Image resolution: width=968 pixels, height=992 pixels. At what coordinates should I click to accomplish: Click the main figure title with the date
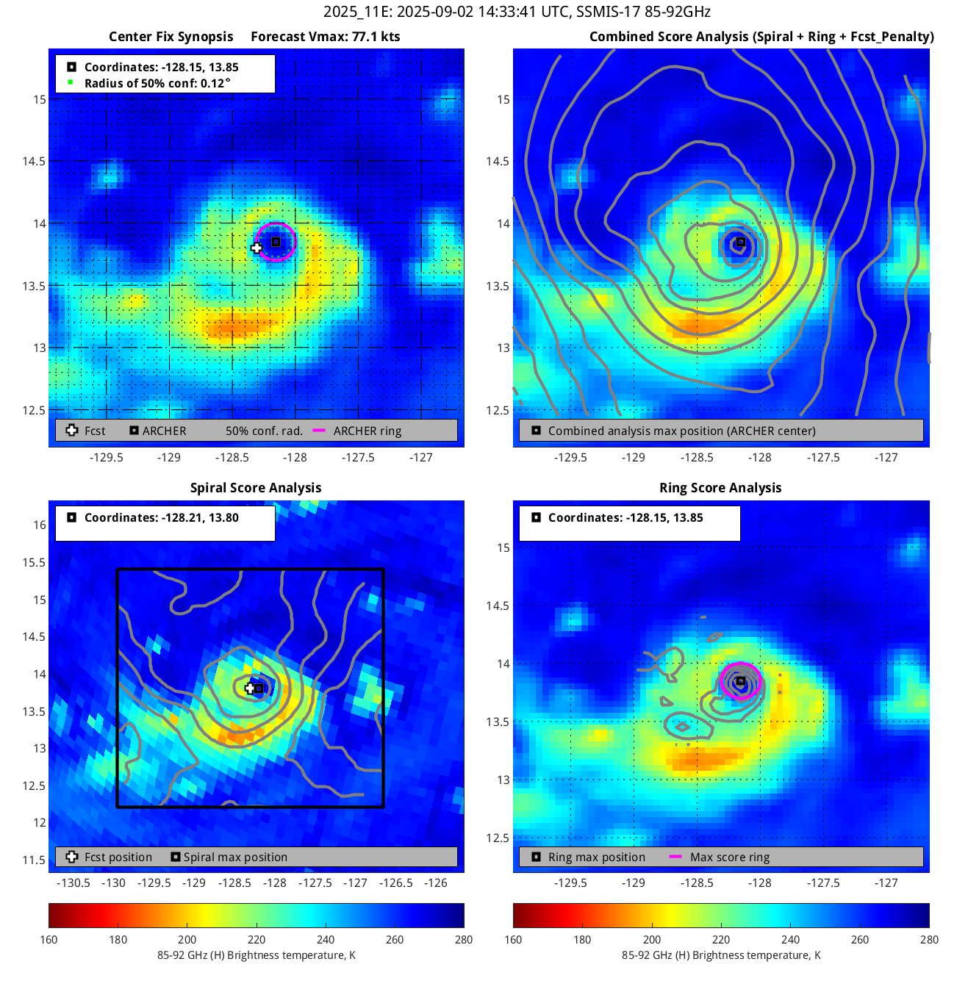click(x=517, y=12)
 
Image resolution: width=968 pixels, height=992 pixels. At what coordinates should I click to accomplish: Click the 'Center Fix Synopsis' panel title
click(x=171, y=37)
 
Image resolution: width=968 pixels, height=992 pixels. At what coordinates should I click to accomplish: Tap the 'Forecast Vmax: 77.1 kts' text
click(x=325, y=37)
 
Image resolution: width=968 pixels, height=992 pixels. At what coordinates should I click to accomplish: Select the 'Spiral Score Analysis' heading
click(x=256, y=488)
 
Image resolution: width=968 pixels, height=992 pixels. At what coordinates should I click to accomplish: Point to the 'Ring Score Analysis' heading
click(x=720, y=488)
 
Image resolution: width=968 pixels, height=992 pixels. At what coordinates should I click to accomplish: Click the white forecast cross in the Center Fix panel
click(x=256, y=248)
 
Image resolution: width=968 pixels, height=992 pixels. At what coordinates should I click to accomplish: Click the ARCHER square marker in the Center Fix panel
click(x=276, y=242)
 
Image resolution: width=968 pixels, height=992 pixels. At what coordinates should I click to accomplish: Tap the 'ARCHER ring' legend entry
click(x=367, y=431)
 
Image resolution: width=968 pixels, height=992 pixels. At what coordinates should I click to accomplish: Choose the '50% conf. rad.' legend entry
click(x=264, y=431)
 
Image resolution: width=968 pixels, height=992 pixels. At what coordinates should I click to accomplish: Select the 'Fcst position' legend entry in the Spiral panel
click(x=118, y=858)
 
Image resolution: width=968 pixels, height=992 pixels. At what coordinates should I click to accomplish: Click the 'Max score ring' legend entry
click(x=729, y=858)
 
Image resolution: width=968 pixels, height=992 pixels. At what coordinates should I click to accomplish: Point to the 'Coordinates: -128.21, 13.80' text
click(x=161, y=518)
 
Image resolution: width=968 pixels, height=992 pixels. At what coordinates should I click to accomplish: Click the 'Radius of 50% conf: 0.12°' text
click(x=157, y=83)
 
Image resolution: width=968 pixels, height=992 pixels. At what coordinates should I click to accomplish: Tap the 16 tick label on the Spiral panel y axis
click(x=40, y=525)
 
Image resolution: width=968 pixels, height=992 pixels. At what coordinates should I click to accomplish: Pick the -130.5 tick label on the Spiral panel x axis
click(x=74, y=883)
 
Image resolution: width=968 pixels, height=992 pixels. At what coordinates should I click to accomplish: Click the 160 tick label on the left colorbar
click(x=49, y=940)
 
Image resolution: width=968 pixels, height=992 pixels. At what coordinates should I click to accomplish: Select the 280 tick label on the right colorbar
click(x=929, y=940)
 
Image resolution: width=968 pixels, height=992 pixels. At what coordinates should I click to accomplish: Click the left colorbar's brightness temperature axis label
click(x=256, y=955)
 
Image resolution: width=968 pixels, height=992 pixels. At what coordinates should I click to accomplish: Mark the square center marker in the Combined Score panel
click(x=741, y=242)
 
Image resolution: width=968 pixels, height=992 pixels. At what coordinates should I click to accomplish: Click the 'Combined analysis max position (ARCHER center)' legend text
click(x=681, y=431)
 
